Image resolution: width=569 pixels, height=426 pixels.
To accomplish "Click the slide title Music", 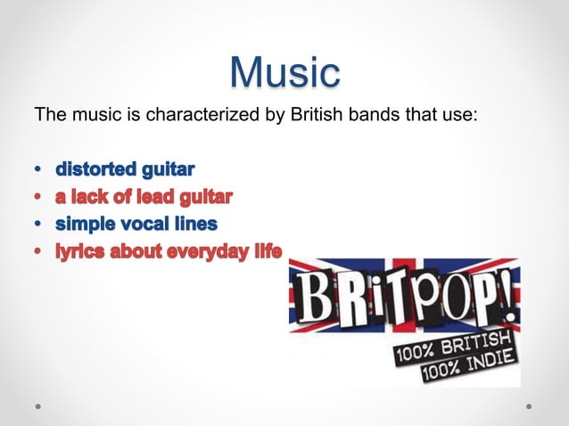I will pyautogui.click(x=284, y=71).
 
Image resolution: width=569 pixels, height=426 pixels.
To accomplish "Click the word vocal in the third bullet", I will pyautogui.click(x=144, y=224).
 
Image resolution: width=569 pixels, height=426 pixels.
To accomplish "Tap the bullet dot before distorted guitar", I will pyautogui.click(x=37, y=168).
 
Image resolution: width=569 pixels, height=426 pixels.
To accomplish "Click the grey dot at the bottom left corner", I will pyautogui.click(x=37, y=406).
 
